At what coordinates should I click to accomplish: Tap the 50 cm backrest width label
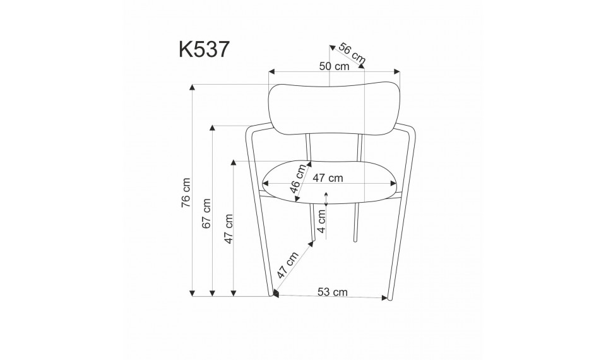(x=334, y=66)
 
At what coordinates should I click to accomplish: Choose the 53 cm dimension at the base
(x=332, y=292)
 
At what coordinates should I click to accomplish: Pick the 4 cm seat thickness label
(x=321, y=221)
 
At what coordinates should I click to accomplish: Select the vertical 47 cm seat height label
(x=229, y=229)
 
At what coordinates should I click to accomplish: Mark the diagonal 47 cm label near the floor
(x=288, y=265)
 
